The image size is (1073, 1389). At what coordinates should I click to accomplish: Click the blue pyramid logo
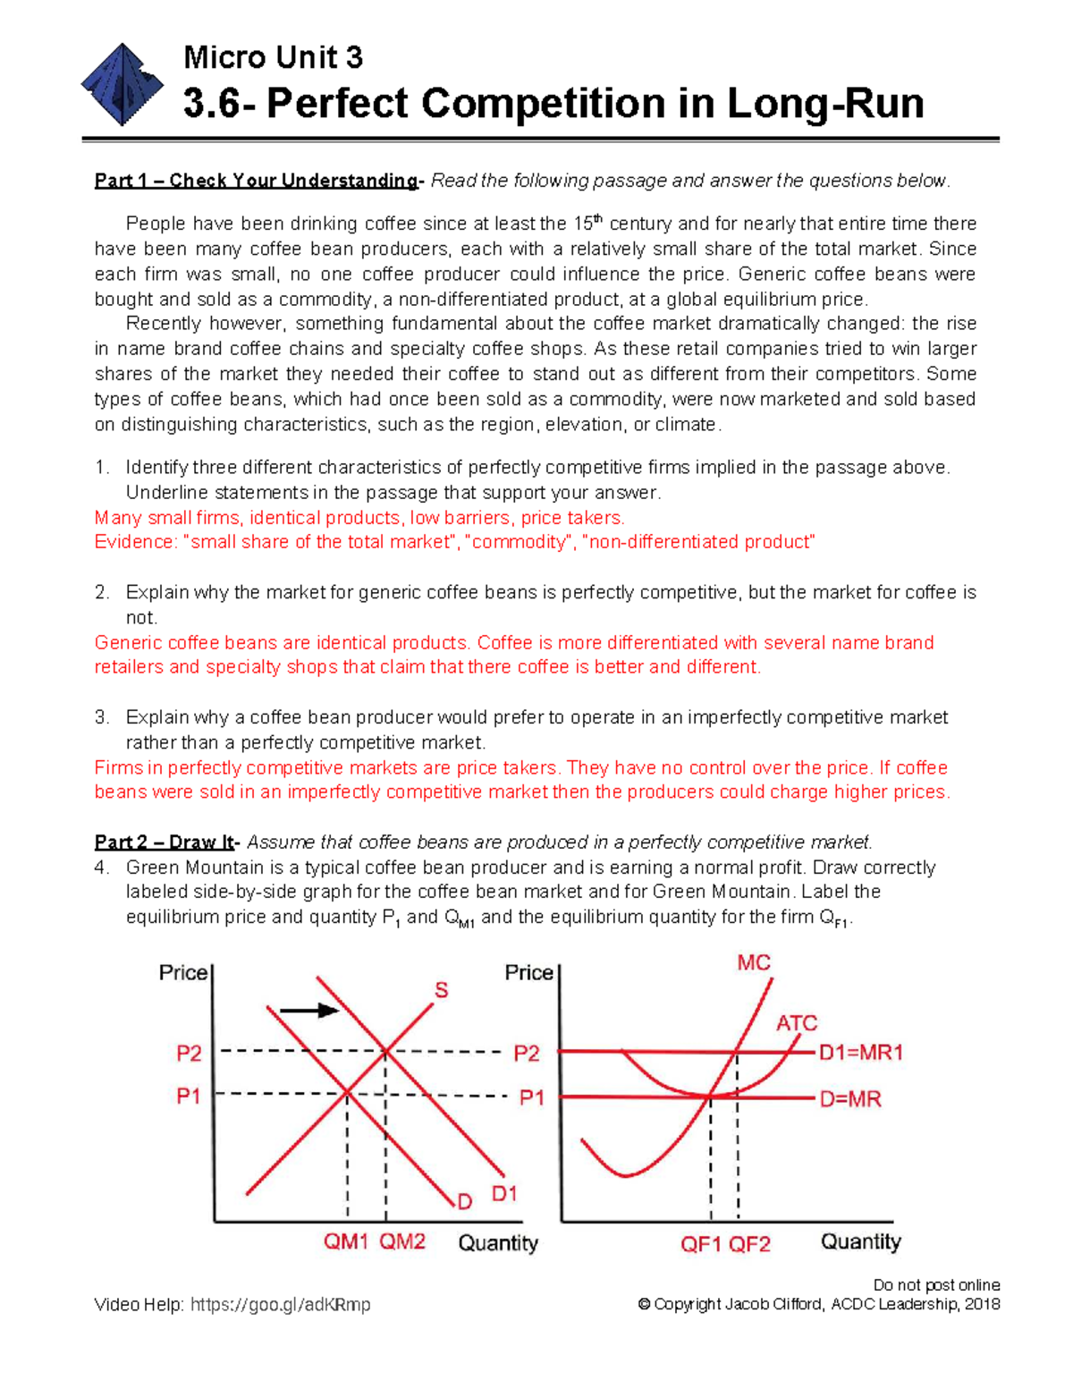(123, 85)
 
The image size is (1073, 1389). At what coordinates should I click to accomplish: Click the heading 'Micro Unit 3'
(273, 58)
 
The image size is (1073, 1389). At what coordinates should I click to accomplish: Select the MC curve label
(753, 963)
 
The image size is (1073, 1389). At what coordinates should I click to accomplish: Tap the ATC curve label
(796, 1023)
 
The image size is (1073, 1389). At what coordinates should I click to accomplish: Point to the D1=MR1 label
(861, 1053)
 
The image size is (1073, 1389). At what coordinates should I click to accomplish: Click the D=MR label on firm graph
(850, 1099)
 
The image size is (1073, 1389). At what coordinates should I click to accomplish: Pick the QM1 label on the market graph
(346, 1242)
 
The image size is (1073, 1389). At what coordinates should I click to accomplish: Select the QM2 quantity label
(402, 1242)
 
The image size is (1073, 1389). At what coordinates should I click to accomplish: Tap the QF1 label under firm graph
(701, 1245)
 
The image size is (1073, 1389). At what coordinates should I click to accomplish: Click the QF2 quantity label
(749, 1245)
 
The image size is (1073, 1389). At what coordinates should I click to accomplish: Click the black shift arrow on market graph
(308, 1011)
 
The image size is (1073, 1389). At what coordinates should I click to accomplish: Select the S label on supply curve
(442, 990)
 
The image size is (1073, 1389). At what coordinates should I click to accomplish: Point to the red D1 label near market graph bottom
(504, 1194)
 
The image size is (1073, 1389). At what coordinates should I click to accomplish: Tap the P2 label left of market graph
(189, 1054)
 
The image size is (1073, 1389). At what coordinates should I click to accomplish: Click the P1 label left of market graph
(188, 1096)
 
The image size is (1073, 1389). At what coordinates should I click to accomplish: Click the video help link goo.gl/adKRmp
(280, 1305)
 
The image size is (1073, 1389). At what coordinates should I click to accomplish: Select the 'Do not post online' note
(936, 1285)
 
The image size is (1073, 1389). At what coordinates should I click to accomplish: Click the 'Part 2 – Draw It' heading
(165, 843)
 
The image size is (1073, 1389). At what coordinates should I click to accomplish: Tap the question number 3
(101, 717)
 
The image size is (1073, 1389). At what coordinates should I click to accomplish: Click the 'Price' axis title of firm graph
(528, 973)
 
